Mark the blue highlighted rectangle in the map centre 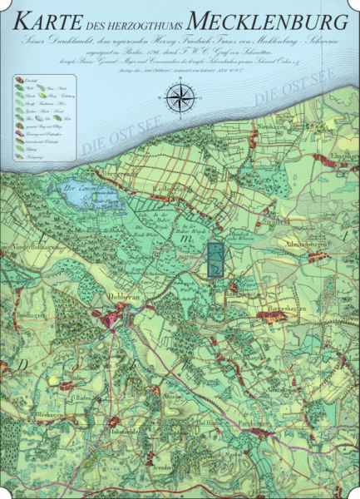pos(215,259)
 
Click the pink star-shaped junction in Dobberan pos(111,319)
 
